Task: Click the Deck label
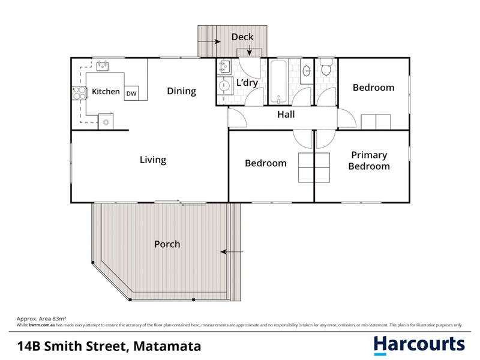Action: [242, 37]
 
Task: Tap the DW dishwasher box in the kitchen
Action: [131, 92]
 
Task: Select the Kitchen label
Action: [106, 92]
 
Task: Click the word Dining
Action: [181, 91]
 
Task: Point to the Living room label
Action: [152, 160]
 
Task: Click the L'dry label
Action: [247, 83]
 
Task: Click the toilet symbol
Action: [326, 68]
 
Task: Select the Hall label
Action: [286, 115]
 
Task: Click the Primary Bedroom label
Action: [369, 161]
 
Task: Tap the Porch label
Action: [167, 244]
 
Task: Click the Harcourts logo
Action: [418, 344]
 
